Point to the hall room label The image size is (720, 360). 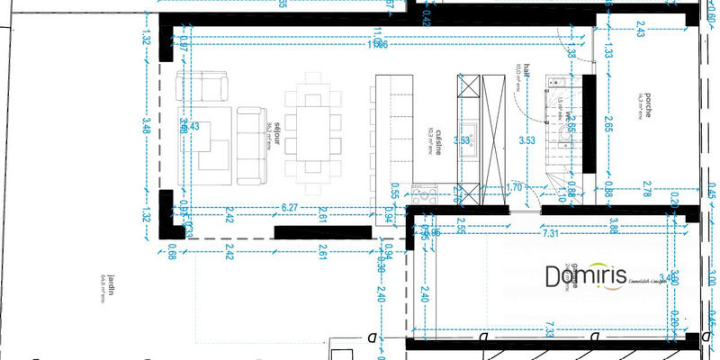(x=528, y=72)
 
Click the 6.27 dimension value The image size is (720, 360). (x=290, y=208)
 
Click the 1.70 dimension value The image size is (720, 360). (x=514, y=189)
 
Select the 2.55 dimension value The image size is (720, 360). (x=462, y=220)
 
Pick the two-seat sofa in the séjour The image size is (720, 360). (x=203, y=88)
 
